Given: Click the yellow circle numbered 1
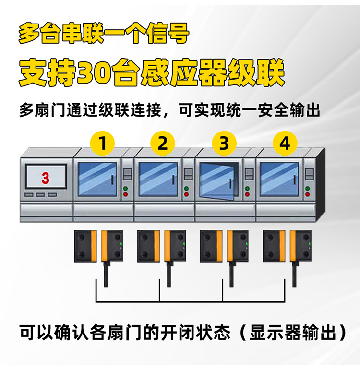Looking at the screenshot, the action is [x=102, y=143].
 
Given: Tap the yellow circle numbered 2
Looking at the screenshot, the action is [x=163, y=143].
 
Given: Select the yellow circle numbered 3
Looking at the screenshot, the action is [x=224, y=143].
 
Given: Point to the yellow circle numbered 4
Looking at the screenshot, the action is [x=285, y=143].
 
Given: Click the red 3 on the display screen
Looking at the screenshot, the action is [x=46, y=178].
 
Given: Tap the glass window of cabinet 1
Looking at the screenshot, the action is [x=97, y=179].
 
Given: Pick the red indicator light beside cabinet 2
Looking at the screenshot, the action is [x=186, y=194].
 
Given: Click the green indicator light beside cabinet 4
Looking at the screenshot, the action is [x=308, y=189].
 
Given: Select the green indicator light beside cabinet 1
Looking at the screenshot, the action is [x=125, y=189].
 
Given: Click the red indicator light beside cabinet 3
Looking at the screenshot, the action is [x=247, y=194].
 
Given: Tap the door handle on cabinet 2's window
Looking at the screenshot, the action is [x=173, y=180].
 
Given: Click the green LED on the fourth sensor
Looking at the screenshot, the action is [x=310, y=244].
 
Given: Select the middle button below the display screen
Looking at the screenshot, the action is [x=40, y=195].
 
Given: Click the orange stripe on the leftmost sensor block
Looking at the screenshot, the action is [x=94, y=246].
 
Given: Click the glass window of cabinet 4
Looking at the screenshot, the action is [x=279, y=179].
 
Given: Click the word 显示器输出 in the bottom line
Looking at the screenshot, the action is [x=293, y=333].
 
